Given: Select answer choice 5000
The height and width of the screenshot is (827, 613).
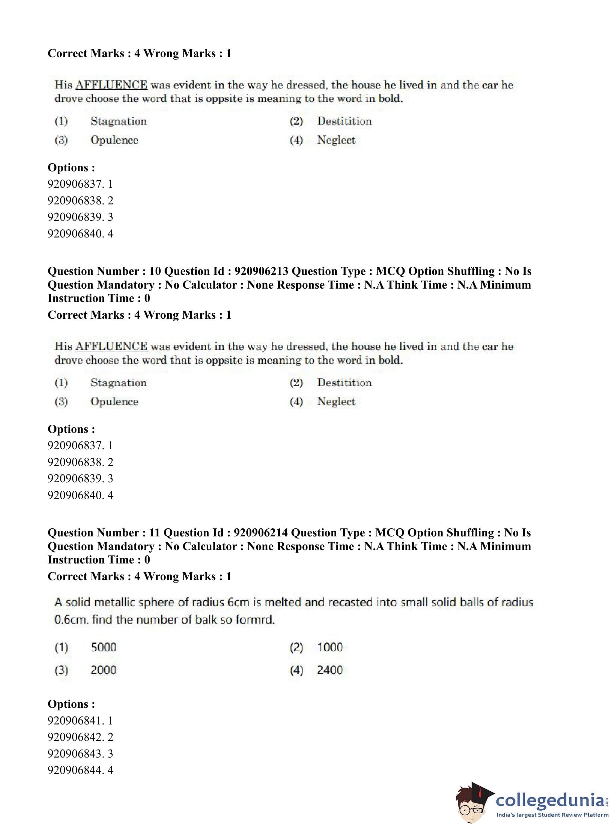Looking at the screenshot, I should (104, 647).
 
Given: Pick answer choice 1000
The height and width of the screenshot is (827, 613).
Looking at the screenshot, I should (330, 647).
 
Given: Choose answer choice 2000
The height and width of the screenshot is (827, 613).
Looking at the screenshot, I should (104, 670).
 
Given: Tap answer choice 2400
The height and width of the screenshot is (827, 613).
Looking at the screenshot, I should (330, 670).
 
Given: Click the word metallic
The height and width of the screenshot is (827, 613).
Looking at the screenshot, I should (115, 602).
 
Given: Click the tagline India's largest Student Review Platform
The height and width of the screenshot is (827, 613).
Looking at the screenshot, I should (552, 815).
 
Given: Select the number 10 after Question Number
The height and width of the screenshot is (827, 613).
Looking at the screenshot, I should (155, 271).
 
